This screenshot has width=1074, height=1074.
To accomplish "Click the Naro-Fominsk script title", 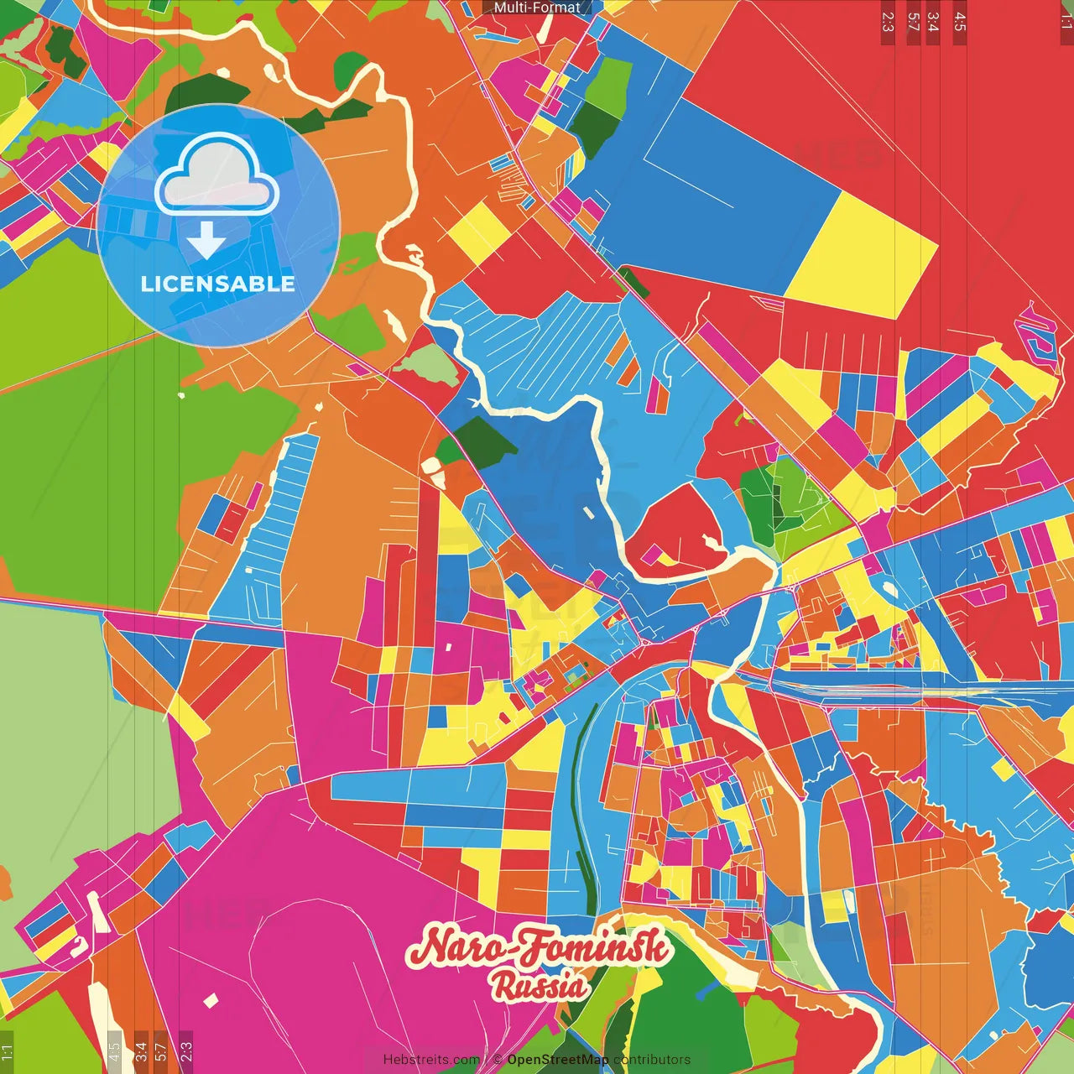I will [539, 948].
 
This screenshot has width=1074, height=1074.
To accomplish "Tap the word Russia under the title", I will [539, 985].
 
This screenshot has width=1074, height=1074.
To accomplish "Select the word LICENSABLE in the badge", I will [217, 284].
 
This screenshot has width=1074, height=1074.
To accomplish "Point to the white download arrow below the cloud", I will [206, 241].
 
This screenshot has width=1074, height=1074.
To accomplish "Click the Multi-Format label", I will [537, 8].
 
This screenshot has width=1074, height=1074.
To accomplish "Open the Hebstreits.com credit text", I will [431, 1060].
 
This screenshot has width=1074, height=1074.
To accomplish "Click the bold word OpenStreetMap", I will [558, 1060].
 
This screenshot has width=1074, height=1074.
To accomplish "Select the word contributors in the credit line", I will [652, 1060].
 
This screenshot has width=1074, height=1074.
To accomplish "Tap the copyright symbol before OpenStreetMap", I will [497, 1060].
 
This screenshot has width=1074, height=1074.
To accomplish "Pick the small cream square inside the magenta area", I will [211, 1000].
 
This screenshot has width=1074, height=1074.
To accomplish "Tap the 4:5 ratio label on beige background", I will [115, 1049].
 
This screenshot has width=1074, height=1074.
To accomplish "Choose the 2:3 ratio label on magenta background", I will [186, 1049].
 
